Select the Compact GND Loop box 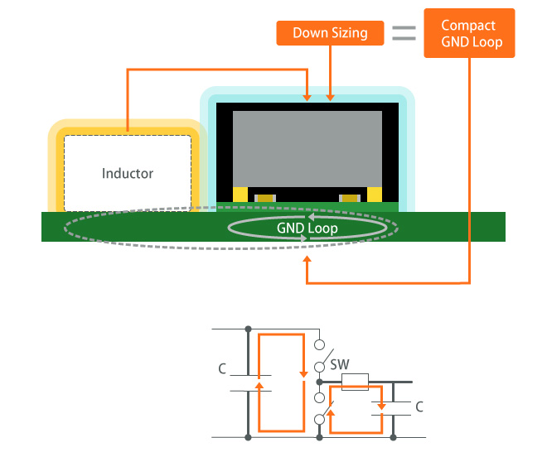click(469, 33)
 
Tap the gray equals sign click(404, 34)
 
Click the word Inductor click(128, 173)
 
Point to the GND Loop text click(307, 228)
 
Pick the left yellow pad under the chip click(240, 195)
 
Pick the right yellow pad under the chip click(375, 195)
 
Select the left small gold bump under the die click(265, 198)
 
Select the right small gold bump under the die click(350, 198)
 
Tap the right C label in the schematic click(419, 406)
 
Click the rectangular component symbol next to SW click(355, 382)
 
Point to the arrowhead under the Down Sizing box click(332, 96)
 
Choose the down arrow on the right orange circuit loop click(380, 405)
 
